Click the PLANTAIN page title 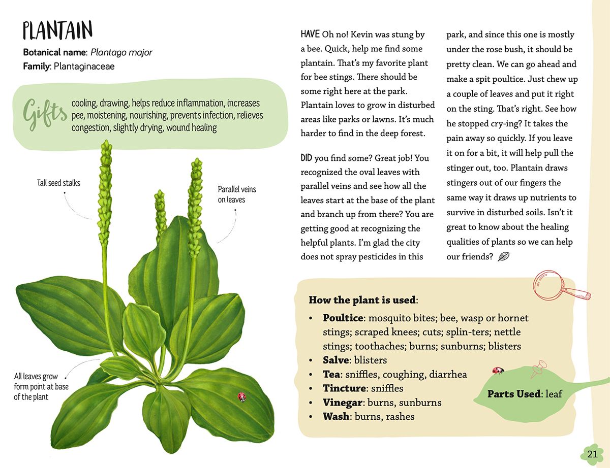point(57,30)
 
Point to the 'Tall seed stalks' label point(58,183)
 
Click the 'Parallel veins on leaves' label point(237,194)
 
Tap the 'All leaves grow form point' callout point(41,386)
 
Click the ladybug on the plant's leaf point(242,396)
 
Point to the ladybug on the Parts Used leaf point(498,371)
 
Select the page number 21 point(592,454)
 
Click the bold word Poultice point(343,318)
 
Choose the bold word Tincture point(344,388)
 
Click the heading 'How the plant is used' point(362,299)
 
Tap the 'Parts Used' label point(513,394)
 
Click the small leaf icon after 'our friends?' point(503,257)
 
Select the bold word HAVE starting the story point(310,35)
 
